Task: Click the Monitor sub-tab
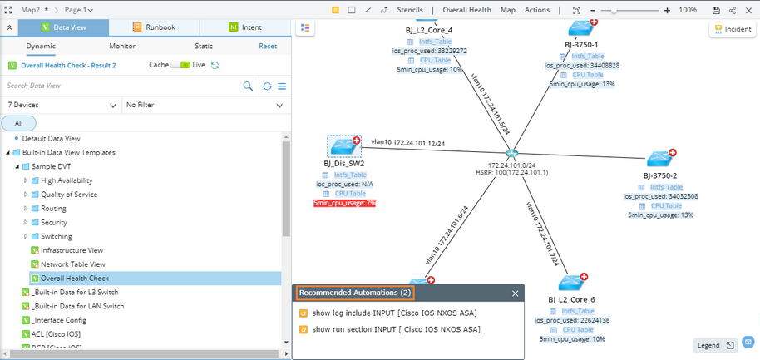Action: coord(122,47)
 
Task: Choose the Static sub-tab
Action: coord(203,47)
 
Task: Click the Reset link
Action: coord(268,47)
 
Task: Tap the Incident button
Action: coord(732,29)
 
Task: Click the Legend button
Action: coord(715,345)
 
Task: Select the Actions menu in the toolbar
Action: coord(537,10)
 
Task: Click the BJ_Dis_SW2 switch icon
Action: coord(343,146)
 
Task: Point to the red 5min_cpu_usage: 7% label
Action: coord(344,203)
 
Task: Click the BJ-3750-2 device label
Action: coord(660,176)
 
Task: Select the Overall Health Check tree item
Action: coord(75,278)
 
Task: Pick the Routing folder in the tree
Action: coord(53,209)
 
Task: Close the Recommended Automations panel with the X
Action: coord(515,293)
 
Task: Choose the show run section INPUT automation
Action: coord(396,329)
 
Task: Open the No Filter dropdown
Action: coord(203,106)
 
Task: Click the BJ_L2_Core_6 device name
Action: coord(571,299)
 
